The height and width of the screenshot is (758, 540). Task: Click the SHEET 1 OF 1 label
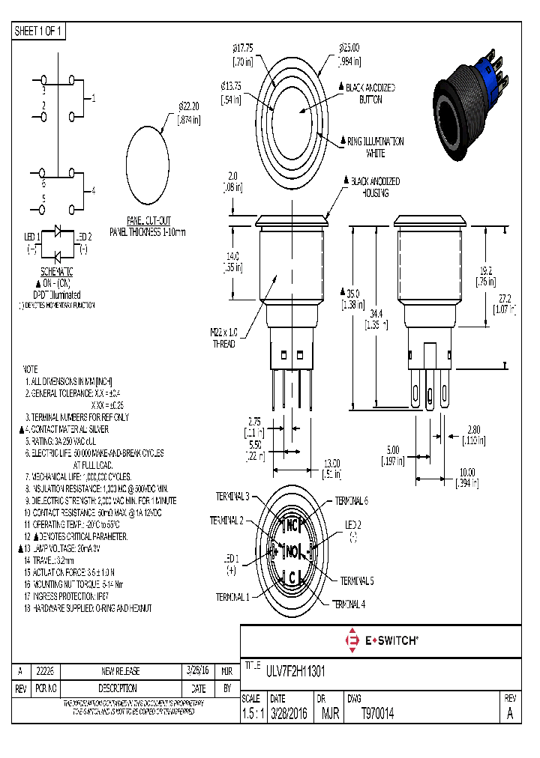39,31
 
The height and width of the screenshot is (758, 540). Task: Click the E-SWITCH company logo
381,640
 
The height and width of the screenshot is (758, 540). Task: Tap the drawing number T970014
377,714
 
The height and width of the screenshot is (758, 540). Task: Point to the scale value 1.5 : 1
251,714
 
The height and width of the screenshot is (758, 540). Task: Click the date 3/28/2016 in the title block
289,714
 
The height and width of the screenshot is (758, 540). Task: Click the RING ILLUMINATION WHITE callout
375,147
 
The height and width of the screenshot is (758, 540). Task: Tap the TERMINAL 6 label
350,500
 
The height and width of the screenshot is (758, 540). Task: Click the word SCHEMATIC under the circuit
56,270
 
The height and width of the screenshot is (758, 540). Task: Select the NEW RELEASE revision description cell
121,670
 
